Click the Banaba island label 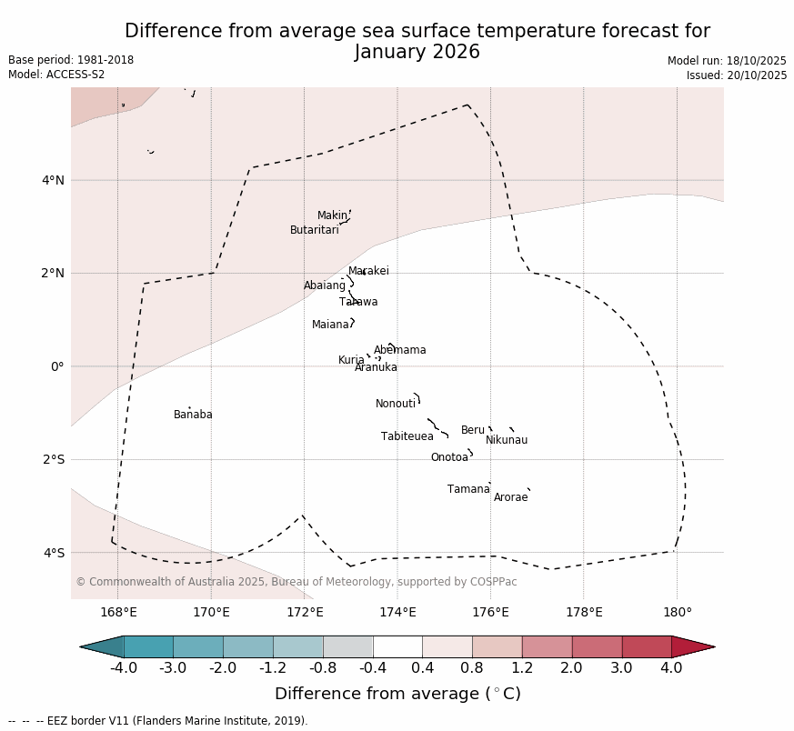point(193,415)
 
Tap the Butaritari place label point(315,230)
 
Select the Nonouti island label point(396,404)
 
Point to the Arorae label point(511,497)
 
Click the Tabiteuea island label point(407,436)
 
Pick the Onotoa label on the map point(449,457)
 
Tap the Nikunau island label point(507,440)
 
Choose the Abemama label point(400,350)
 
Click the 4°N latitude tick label point(53,180)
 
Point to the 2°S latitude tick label point(53,459)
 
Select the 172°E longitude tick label point(305,613)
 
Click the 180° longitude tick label point(677,613)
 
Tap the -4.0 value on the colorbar point(124,668)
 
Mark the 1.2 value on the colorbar point(522,668)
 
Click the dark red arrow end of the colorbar point(696,646)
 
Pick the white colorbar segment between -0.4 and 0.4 point(397,646)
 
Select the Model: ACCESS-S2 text point(56,75)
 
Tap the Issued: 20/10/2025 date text point(737,75)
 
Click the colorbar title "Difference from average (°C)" point(397,694)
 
